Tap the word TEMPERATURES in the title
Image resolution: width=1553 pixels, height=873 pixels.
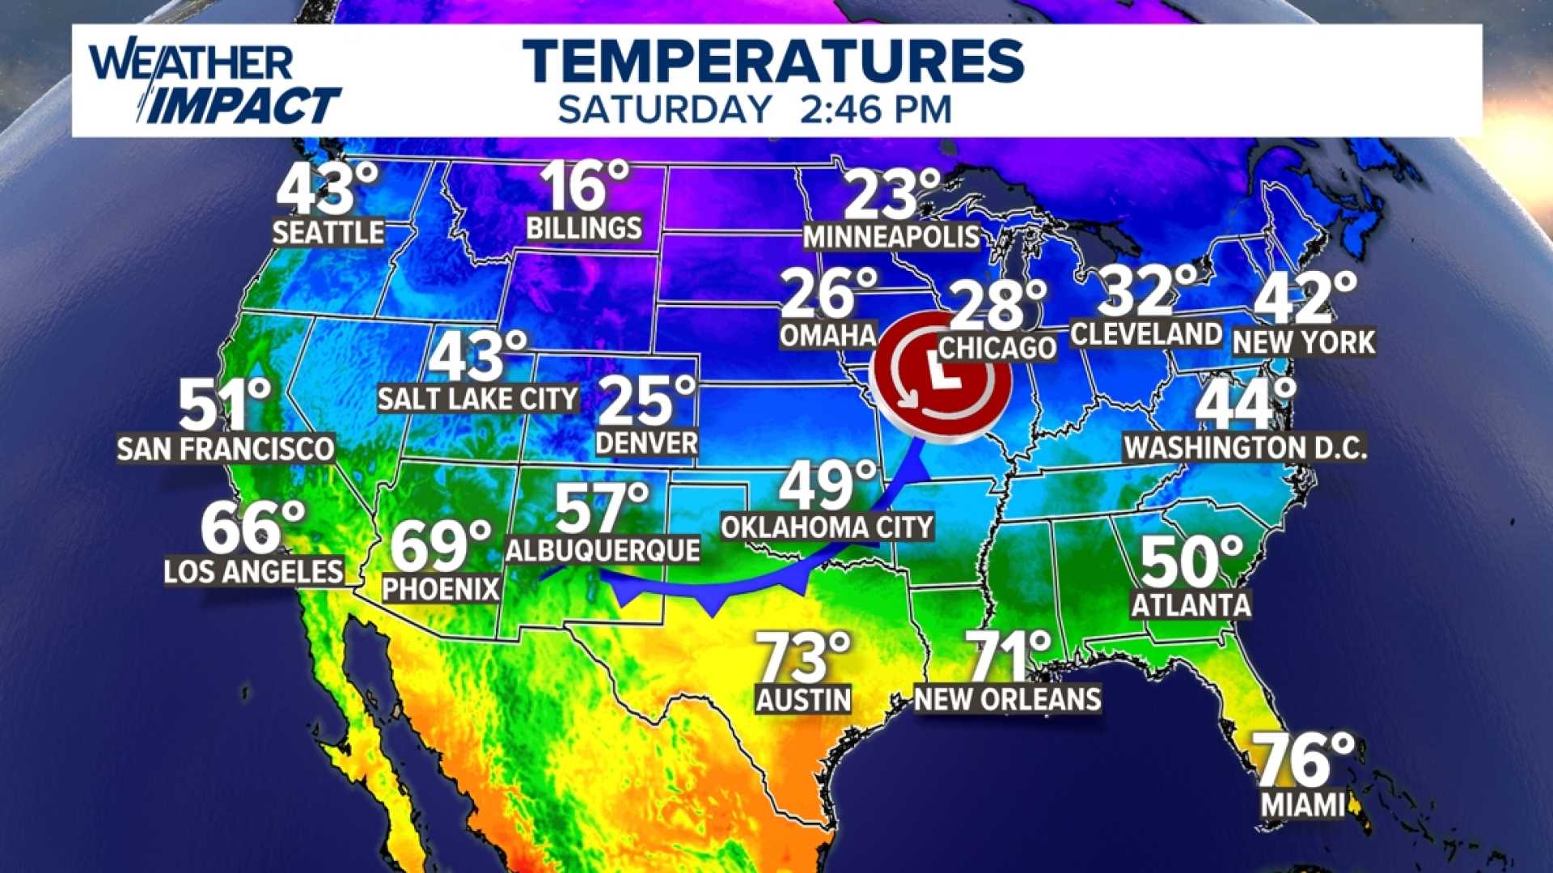click(x=773, y=61)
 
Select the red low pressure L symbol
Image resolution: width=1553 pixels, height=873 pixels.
click(x=944, y=377)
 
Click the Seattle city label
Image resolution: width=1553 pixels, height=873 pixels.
click(x=328, y=233)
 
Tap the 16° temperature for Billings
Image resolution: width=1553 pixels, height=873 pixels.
click(x=584, y=187)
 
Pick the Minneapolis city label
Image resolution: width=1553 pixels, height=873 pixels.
click(x=891, y=236)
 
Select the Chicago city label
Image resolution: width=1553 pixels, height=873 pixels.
click(x=997, y=348)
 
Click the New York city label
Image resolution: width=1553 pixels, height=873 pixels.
click(x=1303, y=342)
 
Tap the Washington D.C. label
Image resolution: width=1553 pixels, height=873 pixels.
click(x=1245, y=447)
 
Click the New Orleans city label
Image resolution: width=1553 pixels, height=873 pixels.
click(x=1007, y=699)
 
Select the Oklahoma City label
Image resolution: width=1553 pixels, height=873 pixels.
click(x=827, y=528)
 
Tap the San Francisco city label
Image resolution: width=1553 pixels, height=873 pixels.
click(x=226, y=448)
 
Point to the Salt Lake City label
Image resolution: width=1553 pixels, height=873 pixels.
click(x=478, y=398)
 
